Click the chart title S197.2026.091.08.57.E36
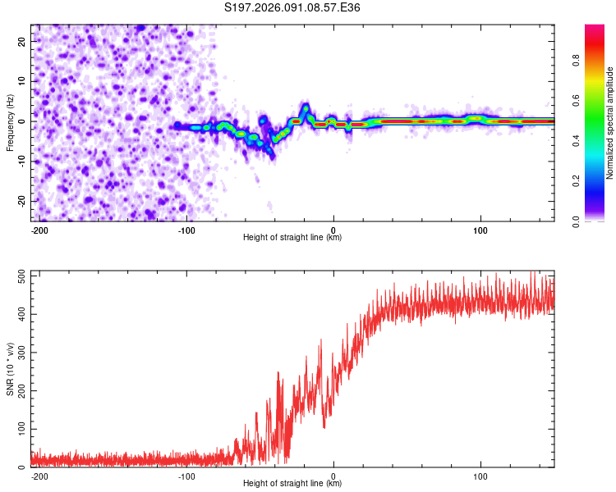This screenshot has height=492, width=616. tap(292, 8)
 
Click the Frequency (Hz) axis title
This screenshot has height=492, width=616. tap(10, 122)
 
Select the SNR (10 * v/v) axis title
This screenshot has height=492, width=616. tap(10, 369)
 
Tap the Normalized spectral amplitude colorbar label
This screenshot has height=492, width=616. tap(610, 123)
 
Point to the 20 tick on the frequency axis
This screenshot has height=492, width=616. tap(22, 40)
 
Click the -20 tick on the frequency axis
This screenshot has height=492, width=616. tap(21, 201)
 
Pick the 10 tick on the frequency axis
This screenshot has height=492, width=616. tap(22, 80)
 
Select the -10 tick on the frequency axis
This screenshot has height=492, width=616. tap(21, 161)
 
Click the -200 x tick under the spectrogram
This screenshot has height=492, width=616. tap(38, 230)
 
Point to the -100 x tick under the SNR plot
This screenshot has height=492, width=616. tap(186, 476)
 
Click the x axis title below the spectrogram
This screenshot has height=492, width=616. tap(292, 238)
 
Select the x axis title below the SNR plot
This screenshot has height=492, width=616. tap(292, 484)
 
